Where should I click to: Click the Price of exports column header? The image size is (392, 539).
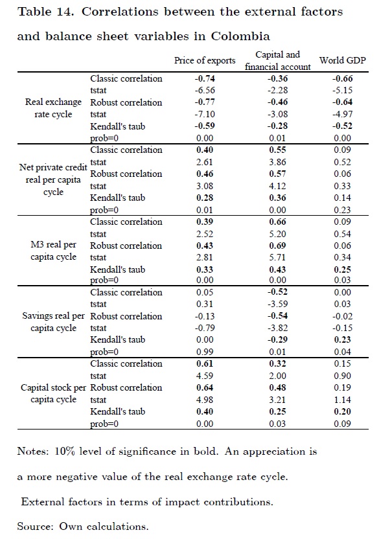click(205, 61)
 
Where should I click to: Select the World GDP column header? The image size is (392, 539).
click(343, 61)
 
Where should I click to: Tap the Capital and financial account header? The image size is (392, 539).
click(277, 61)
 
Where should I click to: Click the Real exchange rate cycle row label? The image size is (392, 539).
click(53, 108)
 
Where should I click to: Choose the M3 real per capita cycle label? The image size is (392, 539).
click(53, 251)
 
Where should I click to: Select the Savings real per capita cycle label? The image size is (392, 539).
click(53, 322)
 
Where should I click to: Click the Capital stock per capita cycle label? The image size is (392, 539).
click(53, 393)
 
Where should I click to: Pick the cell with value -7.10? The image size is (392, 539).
click(205, 115)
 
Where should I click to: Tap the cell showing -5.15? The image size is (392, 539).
click(343, 91)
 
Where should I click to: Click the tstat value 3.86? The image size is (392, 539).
click(277, 162)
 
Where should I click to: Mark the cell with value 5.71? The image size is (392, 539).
click(277, 257)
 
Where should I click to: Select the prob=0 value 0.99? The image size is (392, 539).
click(205, 352)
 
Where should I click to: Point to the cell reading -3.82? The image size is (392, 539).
click(277, 328)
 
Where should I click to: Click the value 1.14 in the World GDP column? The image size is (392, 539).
click(343, 400)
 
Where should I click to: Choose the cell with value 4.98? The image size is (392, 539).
click(205, 400)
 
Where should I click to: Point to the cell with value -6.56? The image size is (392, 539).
click(205, 91)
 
